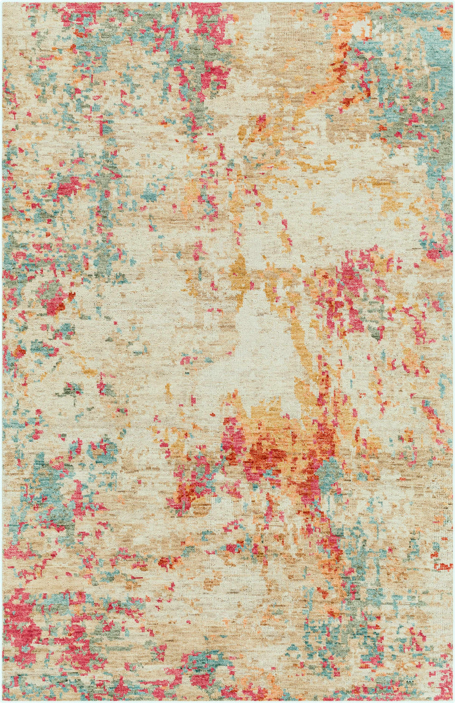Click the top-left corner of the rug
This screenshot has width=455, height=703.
coord(2,2)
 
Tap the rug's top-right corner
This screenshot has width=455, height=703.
coord(453,2)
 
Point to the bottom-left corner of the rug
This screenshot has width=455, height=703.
coord(2,700)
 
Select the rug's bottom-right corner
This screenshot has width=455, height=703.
coord(453,700)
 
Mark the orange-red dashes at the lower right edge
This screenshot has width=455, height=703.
coord(442,566)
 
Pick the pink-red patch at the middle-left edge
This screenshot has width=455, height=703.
coord(53,296)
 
